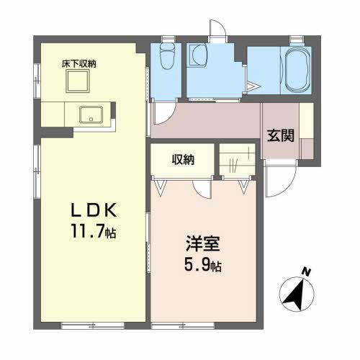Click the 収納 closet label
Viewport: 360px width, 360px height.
pos(182,160)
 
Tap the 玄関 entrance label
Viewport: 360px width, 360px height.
pos(281,135)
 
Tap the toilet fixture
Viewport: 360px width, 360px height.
pos(167,57)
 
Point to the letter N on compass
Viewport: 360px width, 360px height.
pos(306,271)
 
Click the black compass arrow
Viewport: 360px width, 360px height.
pos(294,293)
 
